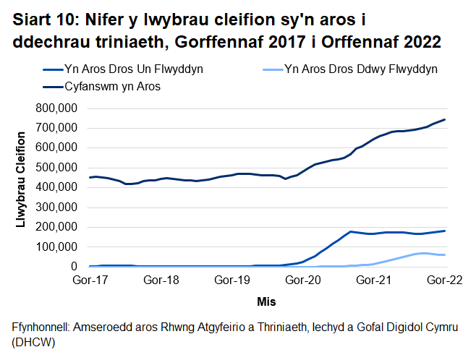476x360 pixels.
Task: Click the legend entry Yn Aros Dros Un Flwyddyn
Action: [133, 70]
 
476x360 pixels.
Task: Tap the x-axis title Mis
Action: [266, 300]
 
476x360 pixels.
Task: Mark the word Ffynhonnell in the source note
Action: [42, 327]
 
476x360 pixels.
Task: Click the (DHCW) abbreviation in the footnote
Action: [34, 342]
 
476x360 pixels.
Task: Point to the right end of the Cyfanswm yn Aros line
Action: [444, 119]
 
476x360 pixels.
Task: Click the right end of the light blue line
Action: [444, 255]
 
